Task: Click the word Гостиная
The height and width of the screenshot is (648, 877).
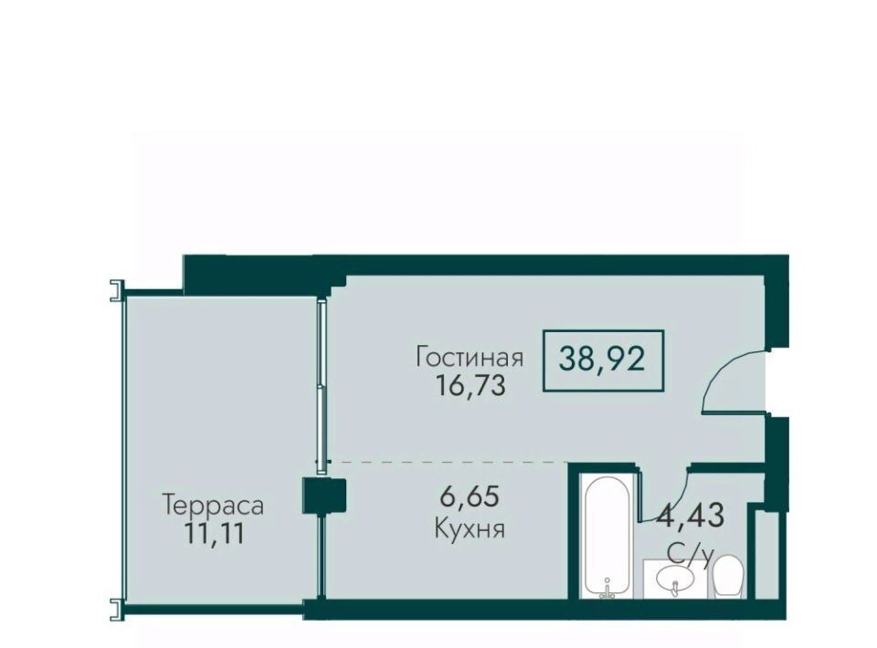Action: pyautogui.click(x=470, y=357)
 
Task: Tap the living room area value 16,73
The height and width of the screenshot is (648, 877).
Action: pyautogui.click(x=470, y=385)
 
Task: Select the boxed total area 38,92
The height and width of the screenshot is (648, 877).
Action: pyautogui.click(x=603, y=360)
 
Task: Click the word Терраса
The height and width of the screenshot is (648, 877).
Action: pyautogui.click(x=213, y=506)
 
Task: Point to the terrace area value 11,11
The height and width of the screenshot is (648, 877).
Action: pyautogui.click(x=214, y=534)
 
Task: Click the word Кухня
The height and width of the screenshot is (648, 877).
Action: pyautogui.click(x=470, y=528)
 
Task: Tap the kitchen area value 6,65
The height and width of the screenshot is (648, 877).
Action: pyautogui.click(x=470, y=496)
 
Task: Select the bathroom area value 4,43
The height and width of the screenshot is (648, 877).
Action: pyautogui.click(x=692, y=515)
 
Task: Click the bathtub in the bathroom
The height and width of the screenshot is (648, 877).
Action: pyautogui.click(x=608, y=536)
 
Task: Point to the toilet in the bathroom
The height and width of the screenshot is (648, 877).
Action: pyautogui.click(x=727, y=576)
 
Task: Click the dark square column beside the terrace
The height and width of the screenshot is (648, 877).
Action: pyautogui.click(x=325, y=495)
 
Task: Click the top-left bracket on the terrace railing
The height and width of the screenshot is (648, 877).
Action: pyautogui.click(x=116, y=289)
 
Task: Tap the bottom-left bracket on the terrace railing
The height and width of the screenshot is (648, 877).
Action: pyautogui.click(x=116, y=609)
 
